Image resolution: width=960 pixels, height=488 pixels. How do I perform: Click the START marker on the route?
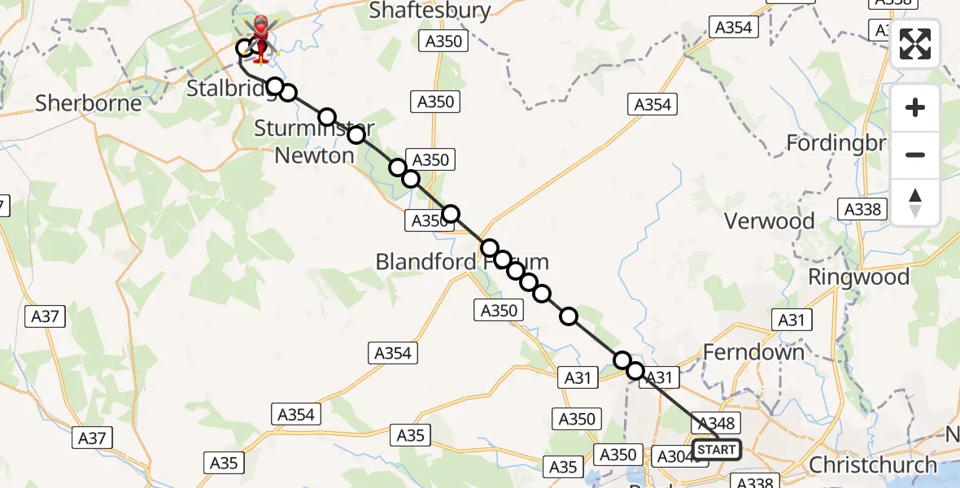tap(717, 450)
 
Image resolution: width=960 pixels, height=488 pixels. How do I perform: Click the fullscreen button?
tap(915, 44)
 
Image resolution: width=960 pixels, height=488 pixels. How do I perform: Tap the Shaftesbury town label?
tap(430, 11)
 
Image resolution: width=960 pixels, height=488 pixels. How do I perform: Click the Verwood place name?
tap(769, 220)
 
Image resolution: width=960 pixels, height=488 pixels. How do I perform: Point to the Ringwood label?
tap(858, 277)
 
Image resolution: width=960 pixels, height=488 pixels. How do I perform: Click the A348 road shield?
tap(717, 423)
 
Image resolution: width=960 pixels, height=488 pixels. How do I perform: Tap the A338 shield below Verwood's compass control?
tap(863, 209)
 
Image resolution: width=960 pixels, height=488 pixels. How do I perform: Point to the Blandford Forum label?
tap(461, 262)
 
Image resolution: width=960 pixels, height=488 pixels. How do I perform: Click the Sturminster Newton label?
tap(314, 142)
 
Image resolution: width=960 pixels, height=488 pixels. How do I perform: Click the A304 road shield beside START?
tap(674, 456)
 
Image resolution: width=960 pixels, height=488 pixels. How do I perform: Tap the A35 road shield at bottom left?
tap(224, 463)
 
